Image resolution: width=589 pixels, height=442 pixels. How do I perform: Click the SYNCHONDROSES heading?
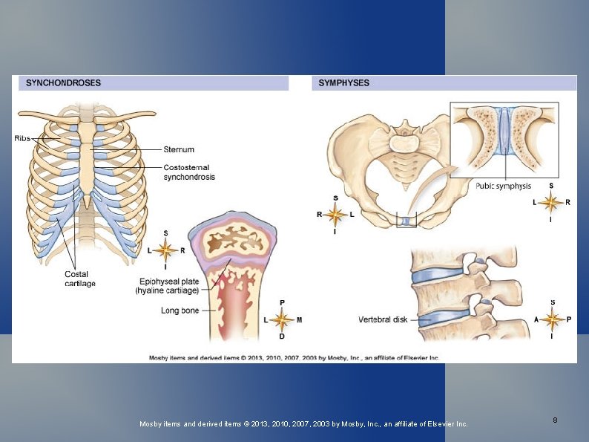point(64,83)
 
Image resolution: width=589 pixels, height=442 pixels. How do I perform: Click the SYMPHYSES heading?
point(343,83)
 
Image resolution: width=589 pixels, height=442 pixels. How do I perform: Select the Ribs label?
point(24,137)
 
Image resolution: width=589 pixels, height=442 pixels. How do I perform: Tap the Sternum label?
point(179,149)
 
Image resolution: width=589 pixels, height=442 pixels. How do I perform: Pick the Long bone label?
point(180,311)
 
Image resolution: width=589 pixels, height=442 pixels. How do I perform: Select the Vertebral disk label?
point(382,320)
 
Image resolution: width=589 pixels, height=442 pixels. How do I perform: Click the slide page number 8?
point(555,420)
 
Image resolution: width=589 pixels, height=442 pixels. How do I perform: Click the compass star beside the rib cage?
point(165,250)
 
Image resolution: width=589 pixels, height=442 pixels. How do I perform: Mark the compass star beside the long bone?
point(281,319)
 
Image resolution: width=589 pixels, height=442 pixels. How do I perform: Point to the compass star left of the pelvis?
point(335,215)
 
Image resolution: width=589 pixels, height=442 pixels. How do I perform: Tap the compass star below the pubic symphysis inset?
point(550,201)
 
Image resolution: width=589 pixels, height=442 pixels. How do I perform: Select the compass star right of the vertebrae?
point(551,319)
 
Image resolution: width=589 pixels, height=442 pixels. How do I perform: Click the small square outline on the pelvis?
point(407,220)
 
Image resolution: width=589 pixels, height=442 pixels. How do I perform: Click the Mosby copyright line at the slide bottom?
point(304,423)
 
